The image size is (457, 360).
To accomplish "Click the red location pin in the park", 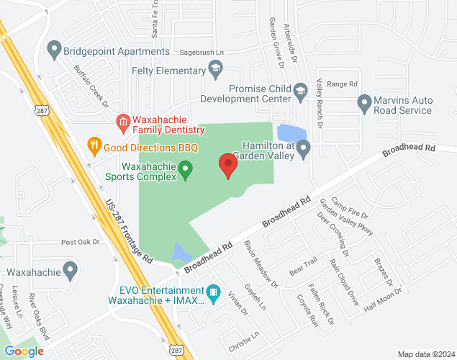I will (228, 165).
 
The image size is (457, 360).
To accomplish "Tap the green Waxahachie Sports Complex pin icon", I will (186, 171).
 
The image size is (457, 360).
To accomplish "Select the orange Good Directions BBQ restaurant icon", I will (94, 145).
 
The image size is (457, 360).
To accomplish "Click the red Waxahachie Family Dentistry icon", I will (123, 122).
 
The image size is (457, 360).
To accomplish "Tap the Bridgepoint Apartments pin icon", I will (53, 51).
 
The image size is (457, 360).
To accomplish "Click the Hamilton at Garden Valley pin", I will (304, 150).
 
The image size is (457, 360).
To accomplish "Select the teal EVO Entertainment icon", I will (212, 294).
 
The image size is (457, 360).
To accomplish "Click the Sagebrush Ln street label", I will (202, 53).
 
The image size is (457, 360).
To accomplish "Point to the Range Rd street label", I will (342, 84).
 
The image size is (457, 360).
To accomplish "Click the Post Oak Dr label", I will (78, 243).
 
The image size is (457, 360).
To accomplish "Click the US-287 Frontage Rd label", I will (130, 230).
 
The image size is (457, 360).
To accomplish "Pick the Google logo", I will (24, 351).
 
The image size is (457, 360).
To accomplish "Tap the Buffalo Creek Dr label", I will (91, 87).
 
